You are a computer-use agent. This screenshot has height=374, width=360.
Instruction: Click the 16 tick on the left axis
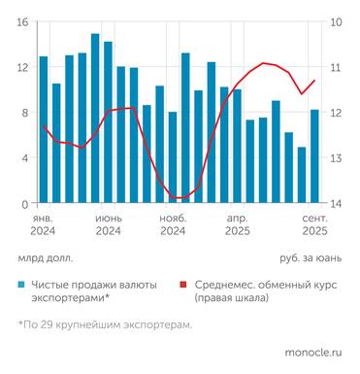tap(22, 22)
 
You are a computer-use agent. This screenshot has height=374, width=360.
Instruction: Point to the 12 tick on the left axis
tap(22, 67)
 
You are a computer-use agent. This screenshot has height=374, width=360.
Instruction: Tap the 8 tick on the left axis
tap(25, 113)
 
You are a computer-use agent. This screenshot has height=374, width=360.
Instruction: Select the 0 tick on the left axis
tap(25, 204)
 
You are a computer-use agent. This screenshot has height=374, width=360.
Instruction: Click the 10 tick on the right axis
tap(336, 22)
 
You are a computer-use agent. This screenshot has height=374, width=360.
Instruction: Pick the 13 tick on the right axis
tap(336, 158)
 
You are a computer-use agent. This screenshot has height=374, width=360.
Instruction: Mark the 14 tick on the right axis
tap(336, 204)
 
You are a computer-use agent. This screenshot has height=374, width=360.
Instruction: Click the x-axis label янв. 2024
tap(43, 225)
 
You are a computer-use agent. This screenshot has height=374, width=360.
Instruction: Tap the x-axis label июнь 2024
tap(108, 225)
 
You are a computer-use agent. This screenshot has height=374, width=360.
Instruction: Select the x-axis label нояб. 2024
tap(173, 225)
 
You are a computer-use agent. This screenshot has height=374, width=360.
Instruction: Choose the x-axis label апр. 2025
tap(238, 225)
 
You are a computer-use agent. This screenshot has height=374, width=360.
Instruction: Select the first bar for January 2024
tap(44, 130)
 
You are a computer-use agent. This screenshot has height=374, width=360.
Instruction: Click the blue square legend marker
tap(21, 285)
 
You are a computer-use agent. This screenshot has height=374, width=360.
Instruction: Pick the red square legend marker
tap(182, 285)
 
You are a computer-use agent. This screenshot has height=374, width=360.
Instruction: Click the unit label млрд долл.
tap(44, 259)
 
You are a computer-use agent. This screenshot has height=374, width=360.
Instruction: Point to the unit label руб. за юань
tap(310, 259)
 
